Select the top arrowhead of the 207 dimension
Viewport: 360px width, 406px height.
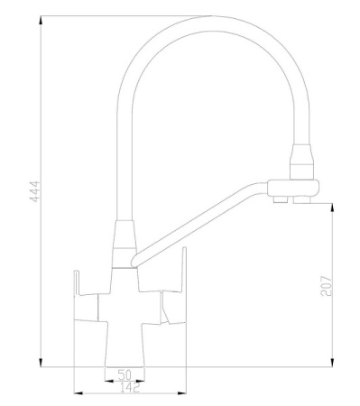[x=335, y=206]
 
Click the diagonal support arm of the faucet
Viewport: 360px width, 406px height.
[x=198, y=220]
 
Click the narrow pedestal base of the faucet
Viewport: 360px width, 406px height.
[x=126, y=347]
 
